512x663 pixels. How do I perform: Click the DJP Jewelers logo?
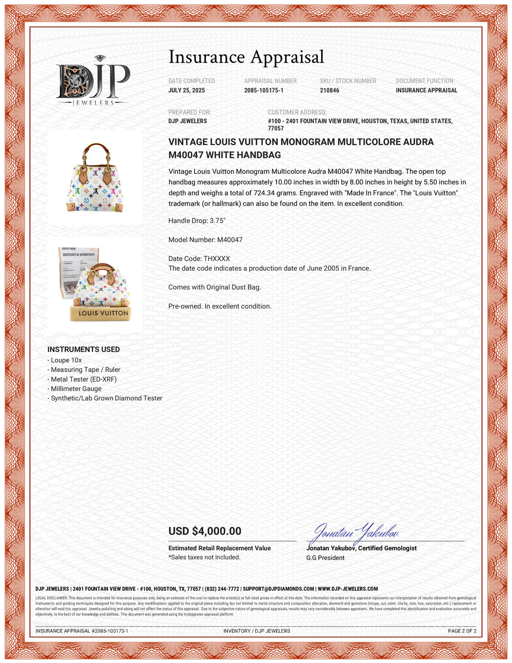pos(93,81)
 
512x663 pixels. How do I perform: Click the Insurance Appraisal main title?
pos(246,57)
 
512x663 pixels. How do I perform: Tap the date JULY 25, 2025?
pos(186,90)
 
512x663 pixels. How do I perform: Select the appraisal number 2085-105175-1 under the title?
pos(264,90)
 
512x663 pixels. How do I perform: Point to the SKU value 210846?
pos(329,90)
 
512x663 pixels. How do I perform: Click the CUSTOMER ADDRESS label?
pos(297,112)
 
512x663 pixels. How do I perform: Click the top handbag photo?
pos(95,177)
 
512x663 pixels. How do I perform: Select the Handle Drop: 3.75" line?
pos(197,220)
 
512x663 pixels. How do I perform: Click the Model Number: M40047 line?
pos(205,239)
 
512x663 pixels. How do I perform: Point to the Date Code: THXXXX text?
pos(199,259)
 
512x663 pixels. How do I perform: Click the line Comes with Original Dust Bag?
pos(215,287)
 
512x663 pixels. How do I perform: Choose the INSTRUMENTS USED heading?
pos(83,349)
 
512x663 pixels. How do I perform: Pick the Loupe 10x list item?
pos(66,360)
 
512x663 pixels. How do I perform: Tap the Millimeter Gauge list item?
pos(76,388)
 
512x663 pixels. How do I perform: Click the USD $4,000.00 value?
pos(205,531)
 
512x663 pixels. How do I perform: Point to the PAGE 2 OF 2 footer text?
pos(462,631)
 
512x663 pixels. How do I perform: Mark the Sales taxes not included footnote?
pos(204,557)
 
